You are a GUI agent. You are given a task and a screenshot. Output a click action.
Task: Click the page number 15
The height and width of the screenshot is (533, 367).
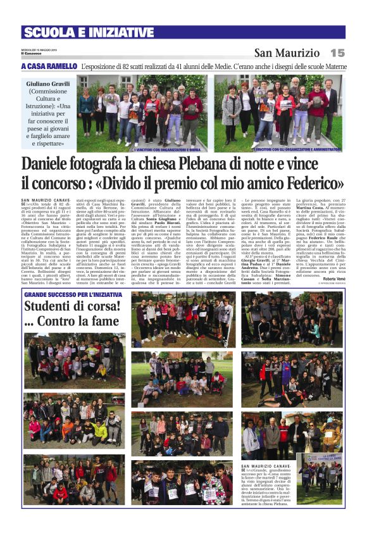pyautogui.click(x=337, y=53)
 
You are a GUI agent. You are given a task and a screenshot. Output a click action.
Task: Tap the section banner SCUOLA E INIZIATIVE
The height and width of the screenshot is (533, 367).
pyautogui.click(x=89, y=32)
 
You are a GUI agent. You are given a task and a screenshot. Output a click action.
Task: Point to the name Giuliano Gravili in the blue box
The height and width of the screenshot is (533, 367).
pyautogui.click(x=48, y=84)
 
